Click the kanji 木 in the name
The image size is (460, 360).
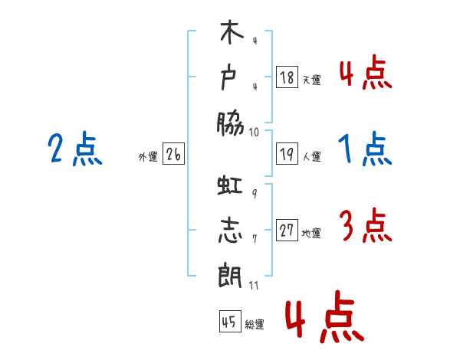tap(232, 32)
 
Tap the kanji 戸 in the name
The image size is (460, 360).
tap(228, 77)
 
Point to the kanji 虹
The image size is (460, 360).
tap(230, 185)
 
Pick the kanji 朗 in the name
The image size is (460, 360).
tap(230, 276)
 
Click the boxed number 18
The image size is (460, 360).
tap(287, 77)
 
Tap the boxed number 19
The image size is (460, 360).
tap(287, 153)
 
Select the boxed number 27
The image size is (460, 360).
tap(287, 230)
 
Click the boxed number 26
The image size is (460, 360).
tap(173, 153)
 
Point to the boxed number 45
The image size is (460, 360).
tap(230, 321)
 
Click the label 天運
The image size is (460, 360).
tap(311, 80)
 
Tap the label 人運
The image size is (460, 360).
tap(312, 156)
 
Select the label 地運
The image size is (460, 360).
tap(311, 233)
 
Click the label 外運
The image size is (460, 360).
tap(148, 156)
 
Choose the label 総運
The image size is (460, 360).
tap(255, 324)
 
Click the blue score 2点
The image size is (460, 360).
tap(75, 149)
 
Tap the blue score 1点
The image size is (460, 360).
tap(365, 149)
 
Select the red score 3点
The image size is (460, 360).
tap(366, 225)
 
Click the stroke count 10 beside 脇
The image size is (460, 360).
tap(254, 133)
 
